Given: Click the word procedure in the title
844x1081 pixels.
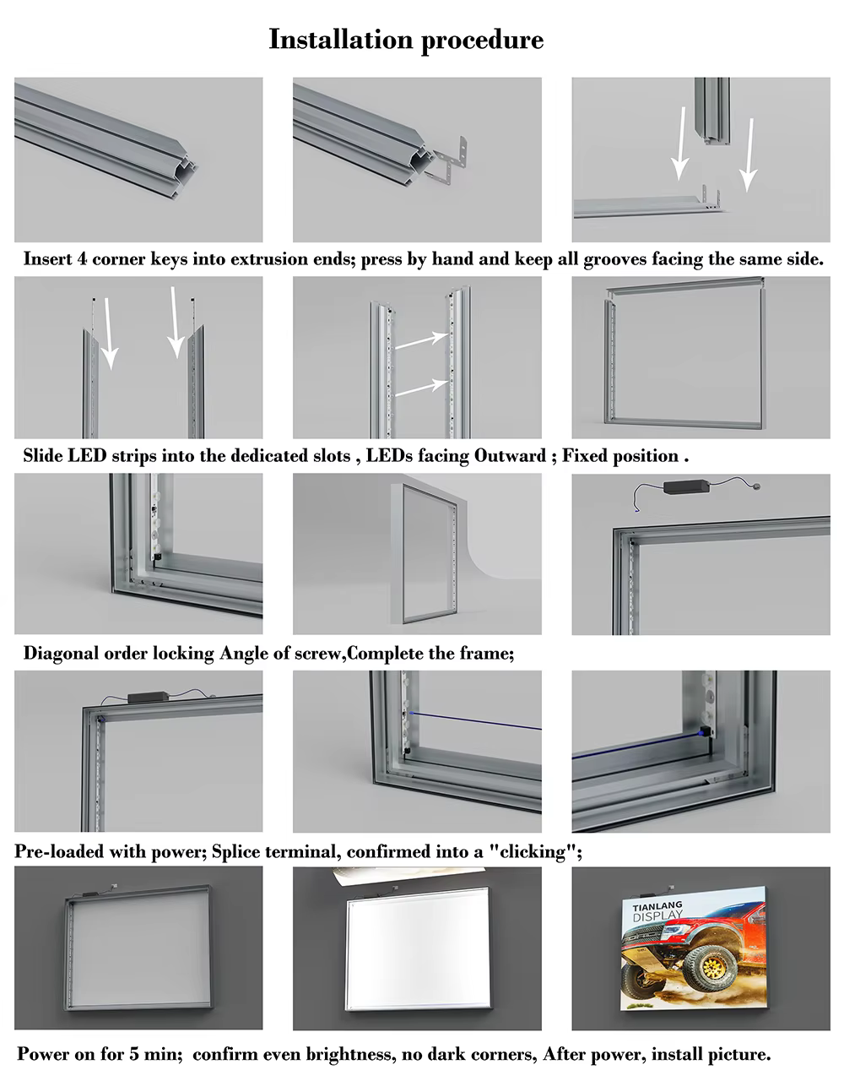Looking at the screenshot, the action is coord(482,41).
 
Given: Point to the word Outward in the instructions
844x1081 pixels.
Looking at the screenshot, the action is coord(510,456).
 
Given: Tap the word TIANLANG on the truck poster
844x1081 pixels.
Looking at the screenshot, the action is coord(657,906).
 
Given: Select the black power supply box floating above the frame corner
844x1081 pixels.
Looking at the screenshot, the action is coord(686,486).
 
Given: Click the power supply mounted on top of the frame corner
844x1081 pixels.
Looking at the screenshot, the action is coord(147,698).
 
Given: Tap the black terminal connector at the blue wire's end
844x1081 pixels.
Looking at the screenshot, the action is coord(705,731).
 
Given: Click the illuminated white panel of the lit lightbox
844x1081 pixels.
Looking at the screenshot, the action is coord(417,948).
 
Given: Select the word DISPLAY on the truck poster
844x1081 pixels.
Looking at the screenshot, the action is coord(657,915).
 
